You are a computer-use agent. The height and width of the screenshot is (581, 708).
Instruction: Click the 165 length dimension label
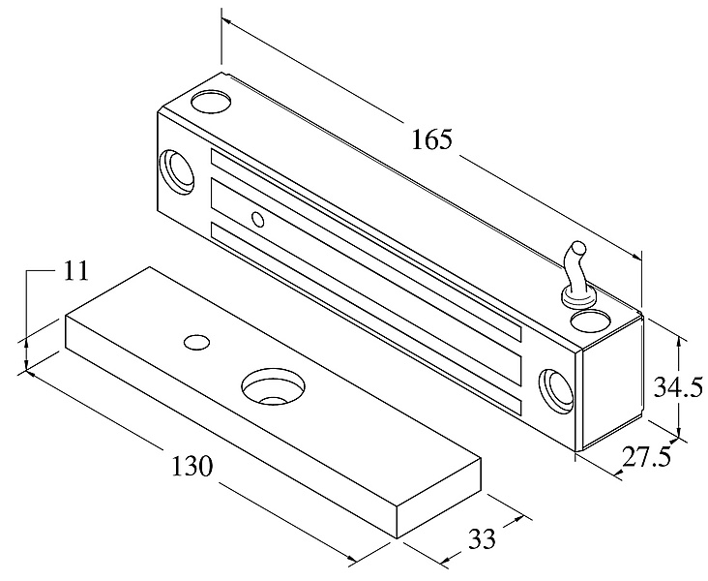pos(431,139)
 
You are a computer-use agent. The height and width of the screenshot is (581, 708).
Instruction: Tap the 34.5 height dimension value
pos(675,387)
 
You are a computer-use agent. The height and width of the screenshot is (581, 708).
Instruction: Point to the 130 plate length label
pos(192,466)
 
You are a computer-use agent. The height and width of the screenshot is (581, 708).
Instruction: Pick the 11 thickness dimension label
pos(75,270)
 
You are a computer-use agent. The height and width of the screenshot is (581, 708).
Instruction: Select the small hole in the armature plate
pos(197,341)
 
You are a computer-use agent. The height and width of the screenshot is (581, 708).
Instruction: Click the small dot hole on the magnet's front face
pos(257,220)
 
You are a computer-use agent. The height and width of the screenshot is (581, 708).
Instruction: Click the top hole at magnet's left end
pos(211,100)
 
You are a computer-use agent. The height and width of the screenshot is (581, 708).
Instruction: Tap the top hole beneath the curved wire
pos(587,317)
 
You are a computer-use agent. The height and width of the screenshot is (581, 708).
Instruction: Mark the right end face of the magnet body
pos(612,382)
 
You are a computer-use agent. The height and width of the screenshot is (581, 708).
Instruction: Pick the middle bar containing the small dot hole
pos(368,282)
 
